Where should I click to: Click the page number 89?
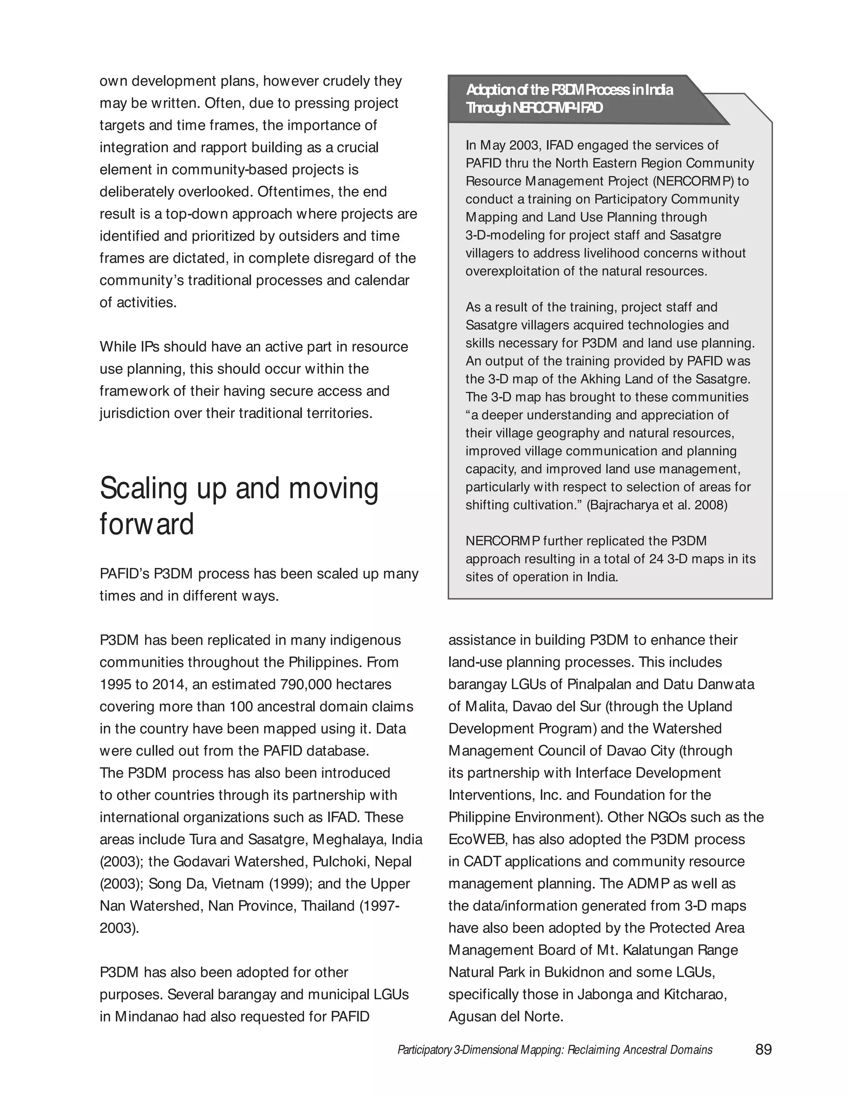(x=763, y=1049)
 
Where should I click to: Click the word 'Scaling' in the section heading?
(x=144, y=488)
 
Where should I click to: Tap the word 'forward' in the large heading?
(x=146, y=524)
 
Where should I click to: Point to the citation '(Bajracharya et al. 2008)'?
(x=657, y=505)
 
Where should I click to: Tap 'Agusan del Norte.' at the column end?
(x=506, y=1017)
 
